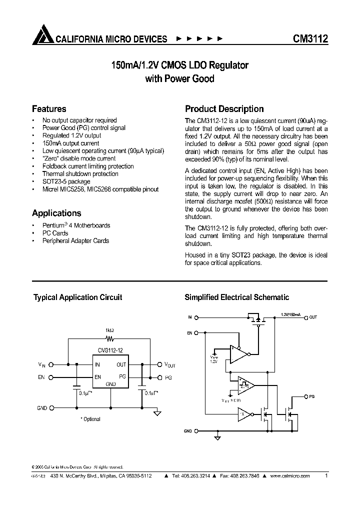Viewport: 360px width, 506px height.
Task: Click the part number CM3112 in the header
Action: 309,38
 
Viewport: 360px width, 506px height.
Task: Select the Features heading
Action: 49,109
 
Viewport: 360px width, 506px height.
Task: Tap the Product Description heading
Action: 224,109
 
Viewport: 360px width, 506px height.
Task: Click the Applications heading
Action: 56,213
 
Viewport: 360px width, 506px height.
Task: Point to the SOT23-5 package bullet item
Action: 66,181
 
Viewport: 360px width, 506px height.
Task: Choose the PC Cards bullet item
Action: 55,233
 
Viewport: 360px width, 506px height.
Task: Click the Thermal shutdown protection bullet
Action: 80,174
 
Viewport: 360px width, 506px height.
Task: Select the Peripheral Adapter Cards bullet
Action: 75,240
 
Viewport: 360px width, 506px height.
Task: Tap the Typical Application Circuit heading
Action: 77,297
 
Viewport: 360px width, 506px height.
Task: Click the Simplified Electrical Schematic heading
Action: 236,297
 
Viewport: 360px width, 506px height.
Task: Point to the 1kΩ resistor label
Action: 109,330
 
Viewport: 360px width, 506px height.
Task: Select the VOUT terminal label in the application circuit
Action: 169,365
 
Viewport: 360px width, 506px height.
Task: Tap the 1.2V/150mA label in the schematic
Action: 290,314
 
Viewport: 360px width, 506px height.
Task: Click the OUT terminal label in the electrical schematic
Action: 313,317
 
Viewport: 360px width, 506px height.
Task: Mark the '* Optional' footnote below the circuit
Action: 90,419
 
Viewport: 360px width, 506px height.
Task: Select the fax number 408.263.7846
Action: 252,476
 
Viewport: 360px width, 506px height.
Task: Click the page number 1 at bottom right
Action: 326,476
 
